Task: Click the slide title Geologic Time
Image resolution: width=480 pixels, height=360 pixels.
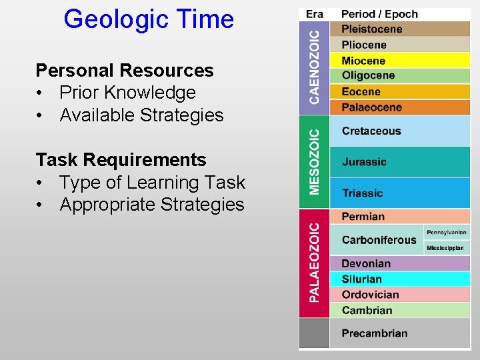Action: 149,19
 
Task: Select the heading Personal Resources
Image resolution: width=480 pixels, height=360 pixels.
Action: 124,70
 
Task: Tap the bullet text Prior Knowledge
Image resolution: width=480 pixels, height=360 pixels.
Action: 127,93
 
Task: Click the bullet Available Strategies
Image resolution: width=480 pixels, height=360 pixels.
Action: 141,115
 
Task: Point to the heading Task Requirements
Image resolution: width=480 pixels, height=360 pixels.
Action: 121,160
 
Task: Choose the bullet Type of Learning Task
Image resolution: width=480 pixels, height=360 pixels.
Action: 152,183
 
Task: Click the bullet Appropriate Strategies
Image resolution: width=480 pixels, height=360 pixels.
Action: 152,205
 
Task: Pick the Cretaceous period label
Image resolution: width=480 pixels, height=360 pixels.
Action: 371,131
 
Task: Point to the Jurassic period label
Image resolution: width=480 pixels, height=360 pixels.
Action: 364,162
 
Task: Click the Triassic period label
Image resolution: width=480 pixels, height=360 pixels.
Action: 362,193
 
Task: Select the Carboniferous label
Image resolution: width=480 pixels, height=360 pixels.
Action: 379,240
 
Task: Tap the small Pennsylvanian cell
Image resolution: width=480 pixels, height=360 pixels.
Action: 447,232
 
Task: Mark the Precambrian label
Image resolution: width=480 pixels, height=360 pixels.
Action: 374,333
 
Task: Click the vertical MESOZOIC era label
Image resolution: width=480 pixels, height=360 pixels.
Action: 315,162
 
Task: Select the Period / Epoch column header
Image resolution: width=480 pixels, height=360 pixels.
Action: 379,14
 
